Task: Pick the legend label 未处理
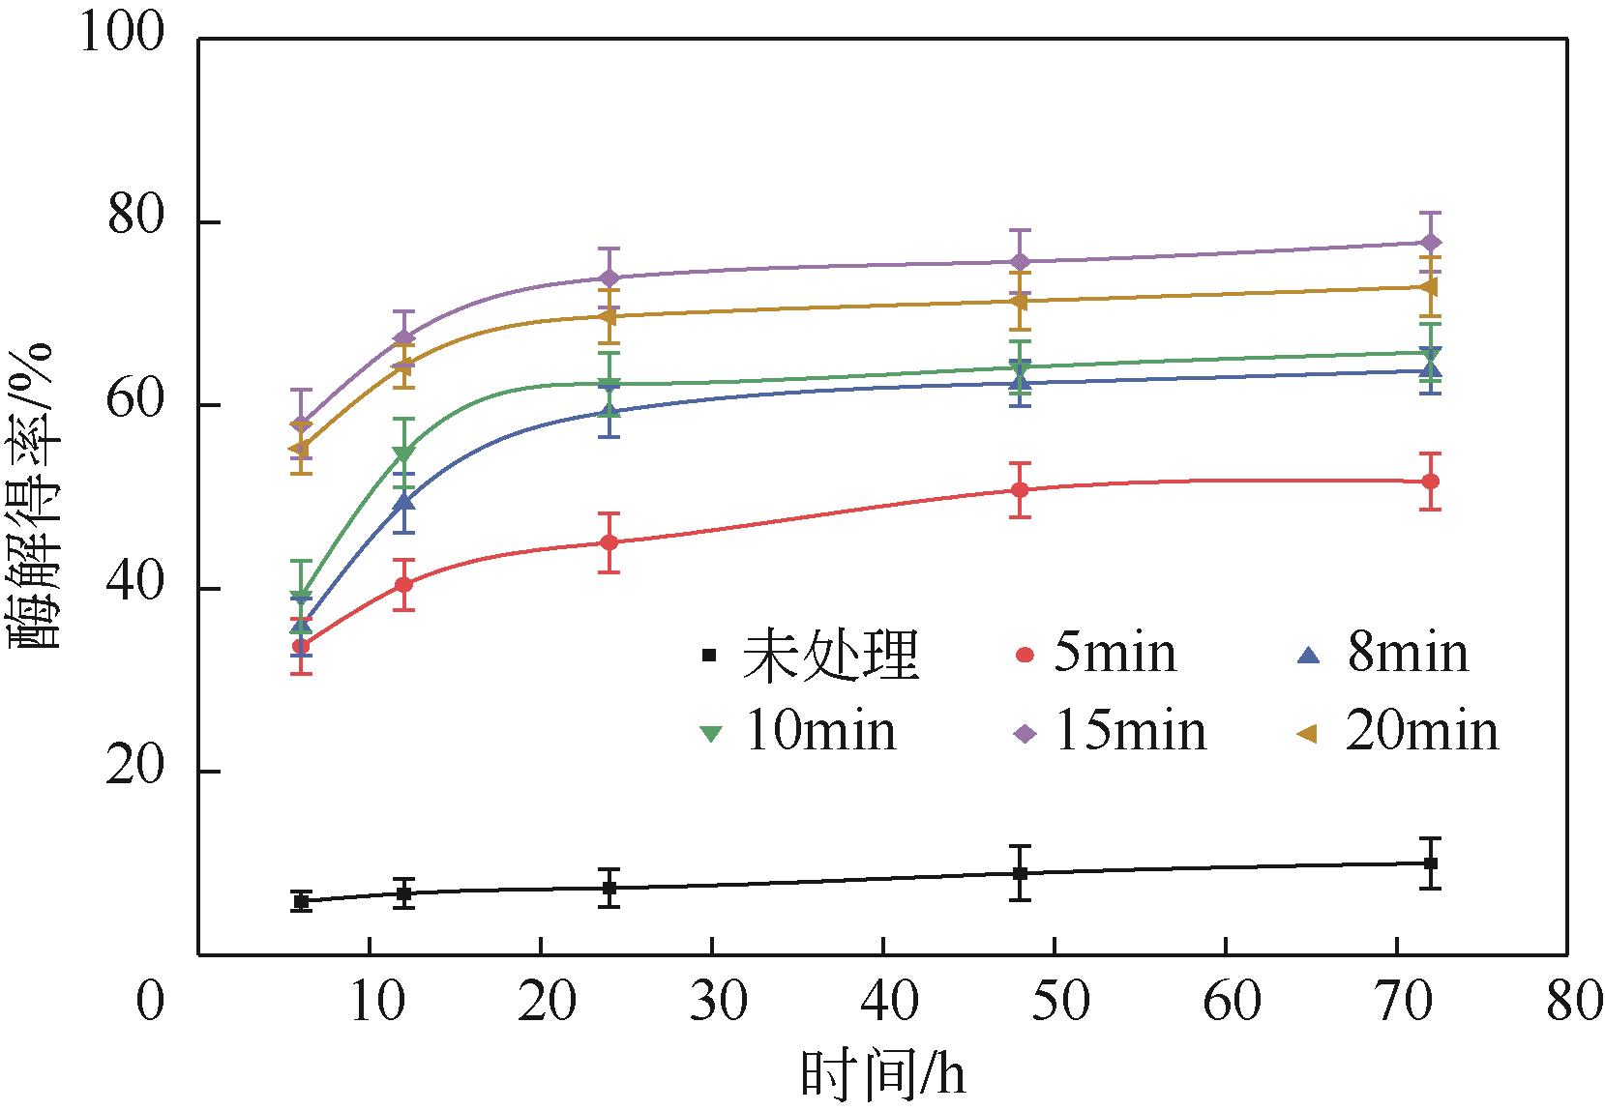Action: (x=830, y=655)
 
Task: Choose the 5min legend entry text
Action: (x=1115, y=654)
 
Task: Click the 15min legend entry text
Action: (x=1129, y=732)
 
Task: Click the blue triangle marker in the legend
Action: (x=1307, y=655)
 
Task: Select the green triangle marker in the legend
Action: (x=711, y=733)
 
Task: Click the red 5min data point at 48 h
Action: (x=1019, y=489)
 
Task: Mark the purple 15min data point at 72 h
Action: (x=1432, y=242)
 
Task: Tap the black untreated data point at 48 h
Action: (x=1019, y=873)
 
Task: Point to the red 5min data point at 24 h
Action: (x=609, y=542)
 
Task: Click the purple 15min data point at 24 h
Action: (x=609, y=278)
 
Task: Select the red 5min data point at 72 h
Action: (x=1432, y=482)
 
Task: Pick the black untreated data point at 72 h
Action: (x=1432, y=862)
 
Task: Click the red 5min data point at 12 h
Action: (x=404, y=584)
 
